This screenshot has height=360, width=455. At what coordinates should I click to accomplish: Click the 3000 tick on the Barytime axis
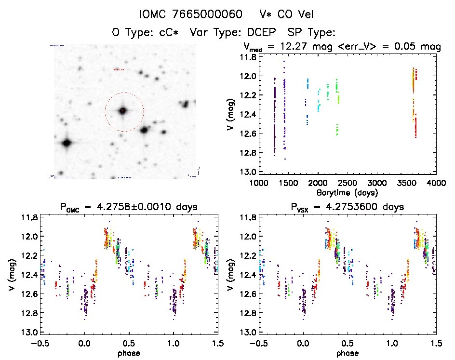click(x=377, y=183)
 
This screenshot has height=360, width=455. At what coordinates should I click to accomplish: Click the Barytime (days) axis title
click(x=347, y=192)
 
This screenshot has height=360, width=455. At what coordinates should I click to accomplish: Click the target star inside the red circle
click(x=123, y=111)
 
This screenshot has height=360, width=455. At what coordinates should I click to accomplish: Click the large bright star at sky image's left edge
click(x=67, y=143)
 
